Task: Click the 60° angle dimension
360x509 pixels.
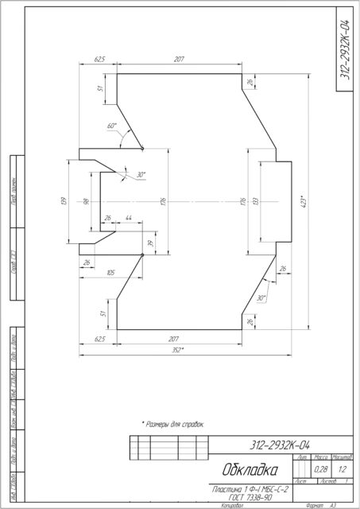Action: coord(111,126)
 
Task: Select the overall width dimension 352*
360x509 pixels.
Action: coord(178,350)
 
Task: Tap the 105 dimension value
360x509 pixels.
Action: coord(110,273)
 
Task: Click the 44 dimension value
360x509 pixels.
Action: coord(128,218)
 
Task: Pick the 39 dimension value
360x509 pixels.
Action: coord(149,243)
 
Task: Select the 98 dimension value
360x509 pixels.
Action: coord(85,201)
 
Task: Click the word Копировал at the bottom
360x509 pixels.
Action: coord(227,504)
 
